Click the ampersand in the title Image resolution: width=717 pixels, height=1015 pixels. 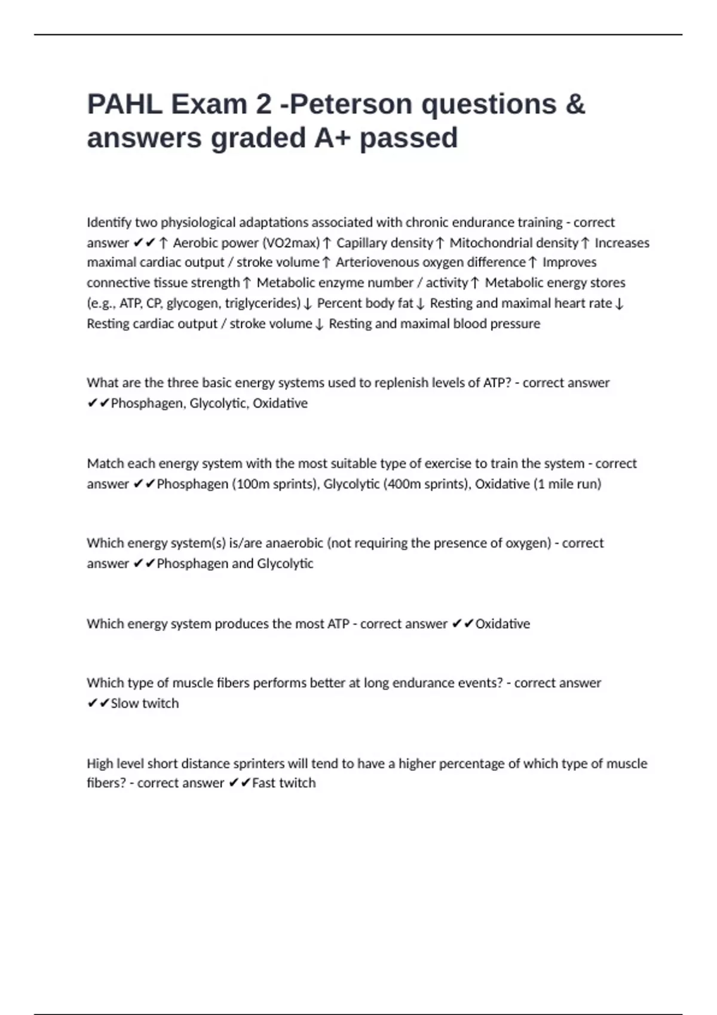pyautogui.click(x=574, y=104)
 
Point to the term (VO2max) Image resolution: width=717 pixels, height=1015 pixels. pyautogui.click(x=291, y=243)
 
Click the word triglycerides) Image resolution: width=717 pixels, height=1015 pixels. pyautogui.click(x=262, y=303)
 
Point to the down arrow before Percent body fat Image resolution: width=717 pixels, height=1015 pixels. pyautogui.click(x=307, y=304)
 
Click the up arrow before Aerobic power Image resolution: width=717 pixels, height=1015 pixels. pyautogui.click(x=164, y=243)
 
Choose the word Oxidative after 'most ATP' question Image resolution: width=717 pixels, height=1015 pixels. pyautogui.click(x=502, y=624)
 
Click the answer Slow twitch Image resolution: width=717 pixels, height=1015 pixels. pyautogui.click(x=145, y=704)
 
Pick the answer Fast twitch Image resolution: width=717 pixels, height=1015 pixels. pyautogui.click(x=284, y=783)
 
